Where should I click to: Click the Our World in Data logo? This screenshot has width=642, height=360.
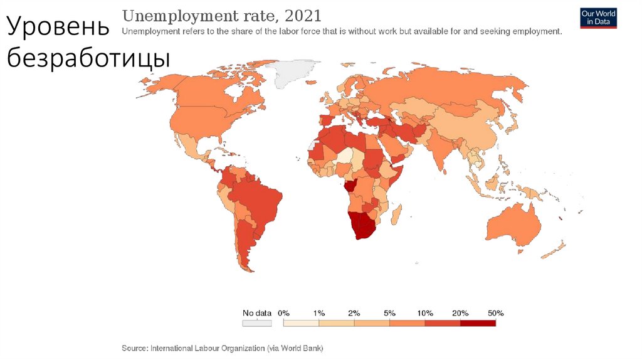point(598,18)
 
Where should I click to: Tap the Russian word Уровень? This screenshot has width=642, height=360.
point(58,28)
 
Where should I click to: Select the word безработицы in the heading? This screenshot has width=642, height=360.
point(88,59)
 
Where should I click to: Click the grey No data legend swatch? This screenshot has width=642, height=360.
point(257,323)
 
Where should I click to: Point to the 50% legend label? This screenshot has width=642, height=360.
point(495,312)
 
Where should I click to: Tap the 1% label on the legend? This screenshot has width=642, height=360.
point(319,312)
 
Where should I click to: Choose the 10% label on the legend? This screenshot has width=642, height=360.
point(424,312)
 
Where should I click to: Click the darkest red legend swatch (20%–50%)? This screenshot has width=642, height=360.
point(478,323)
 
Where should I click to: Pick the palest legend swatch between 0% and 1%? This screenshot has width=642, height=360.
point(301,323)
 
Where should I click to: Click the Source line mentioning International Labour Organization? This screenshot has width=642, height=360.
point(223,347)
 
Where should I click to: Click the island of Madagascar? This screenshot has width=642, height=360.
point(396,215)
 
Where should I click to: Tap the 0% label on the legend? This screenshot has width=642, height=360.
point(283,312)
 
